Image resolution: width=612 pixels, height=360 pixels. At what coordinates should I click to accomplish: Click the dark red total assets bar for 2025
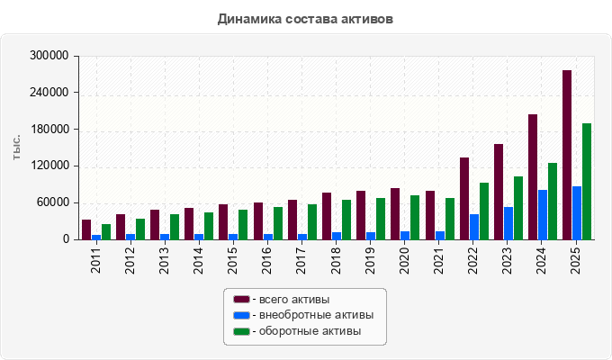[567, 155]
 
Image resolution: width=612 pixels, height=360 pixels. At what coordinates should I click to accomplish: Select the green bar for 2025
[587, 182]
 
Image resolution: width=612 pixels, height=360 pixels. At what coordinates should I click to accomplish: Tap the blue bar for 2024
[543, 215]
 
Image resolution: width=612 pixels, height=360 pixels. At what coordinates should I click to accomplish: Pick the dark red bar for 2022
[464, 199]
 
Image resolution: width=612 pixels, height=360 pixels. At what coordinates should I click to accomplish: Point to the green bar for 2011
[106, 232]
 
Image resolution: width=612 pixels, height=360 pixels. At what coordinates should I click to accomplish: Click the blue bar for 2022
[474, 227]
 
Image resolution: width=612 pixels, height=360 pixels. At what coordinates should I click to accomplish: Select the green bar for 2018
[346, 220]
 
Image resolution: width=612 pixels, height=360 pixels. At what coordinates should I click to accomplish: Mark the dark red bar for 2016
[258, 221]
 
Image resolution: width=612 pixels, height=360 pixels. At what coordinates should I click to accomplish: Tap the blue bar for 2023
[508, 223]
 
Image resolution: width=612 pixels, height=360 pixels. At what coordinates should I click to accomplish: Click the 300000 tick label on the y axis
[49, 56]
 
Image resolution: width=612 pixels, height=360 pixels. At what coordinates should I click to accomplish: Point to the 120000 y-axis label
[49, 166]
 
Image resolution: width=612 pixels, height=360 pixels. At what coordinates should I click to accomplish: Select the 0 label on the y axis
[66, 239]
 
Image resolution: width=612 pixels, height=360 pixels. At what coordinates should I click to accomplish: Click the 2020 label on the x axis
[404, 260]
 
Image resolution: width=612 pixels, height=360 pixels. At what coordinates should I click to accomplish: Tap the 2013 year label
[164, 260]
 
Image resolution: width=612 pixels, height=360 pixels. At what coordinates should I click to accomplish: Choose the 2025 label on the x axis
[575, 260]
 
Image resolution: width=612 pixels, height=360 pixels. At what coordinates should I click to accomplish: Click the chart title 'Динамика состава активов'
[305, 19]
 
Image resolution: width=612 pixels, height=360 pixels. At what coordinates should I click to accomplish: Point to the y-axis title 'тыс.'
[16, 148]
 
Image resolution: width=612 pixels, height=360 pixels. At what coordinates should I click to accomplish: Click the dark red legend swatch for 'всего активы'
[241, 300]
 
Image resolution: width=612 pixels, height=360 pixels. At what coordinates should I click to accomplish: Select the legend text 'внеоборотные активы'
[317, 315]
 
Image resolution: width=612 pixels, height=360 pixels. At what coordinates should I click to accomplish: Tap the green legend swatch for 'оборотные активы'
[241, 331]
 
